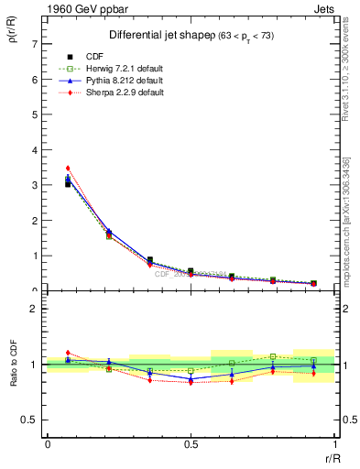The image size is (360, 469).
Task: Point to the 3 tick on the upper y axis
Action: tap(34, 185)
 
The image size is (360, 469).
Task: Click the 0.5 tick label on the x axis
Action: tap(191, 442)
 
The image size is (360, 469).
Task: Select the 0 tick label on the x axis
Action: tap(48, 442)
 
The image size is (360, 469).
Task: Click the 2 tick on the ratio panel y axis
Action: tap(34, 309)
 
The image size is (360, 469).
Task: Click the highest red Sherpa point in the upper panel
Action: tap(68, 168)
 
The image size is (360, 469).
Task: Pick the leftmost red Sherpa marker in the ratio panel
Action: tap(68, 352)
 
